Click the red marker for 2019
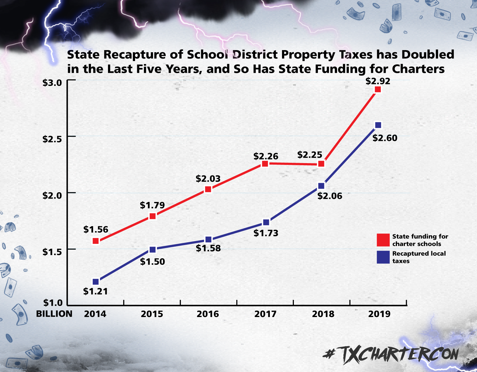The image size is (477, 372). (x=378, y=89)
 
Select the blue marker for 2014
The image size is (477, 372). (x=96, y=282)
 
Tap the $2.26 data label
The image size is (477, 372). (x=266, y=156)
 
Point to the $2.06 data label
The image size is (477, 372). (x=330, y=196)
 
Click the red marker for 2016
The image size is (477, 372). (x=208, y=189)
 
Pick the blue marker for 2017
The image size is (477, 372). (x=266, y=222)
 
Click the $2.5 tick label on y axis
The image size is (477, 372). (x=52, y=139)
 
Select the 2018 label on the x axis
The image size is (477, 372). (x=323, y=314)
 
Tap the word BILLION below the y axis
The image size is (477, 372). (x=54, y=314)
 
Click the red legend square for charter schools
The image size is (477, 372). (x=383, y=240)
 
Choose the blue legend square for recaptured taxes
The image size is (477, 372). (x=383, y=257)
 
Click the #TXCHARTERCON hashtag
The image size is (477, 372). (x=391, y=354)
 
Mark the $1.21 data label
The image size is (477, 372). (x=96, y=292)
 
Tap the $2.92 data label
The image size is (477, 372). (x=378, y=81)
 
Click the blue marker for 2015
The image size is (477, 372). (x=153, y=250)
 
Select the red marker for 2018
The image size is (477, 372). (x=321, y=164)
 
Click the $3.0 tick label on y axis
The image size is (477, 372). (x=52, y=83)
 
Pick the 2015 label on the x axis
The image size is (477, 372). (x=152, y=314)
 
